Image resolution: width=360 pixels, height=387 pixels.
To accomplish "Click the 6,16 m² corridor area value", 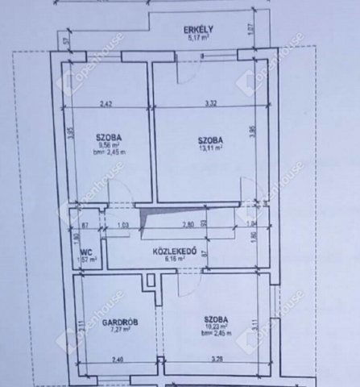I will point(176,260).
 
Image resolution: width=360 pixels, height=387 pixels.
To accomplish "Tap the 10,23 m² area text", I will point(216,327).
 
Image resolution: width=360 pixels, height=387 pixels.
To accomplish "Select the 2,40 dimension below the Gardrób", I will point(118,360).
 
